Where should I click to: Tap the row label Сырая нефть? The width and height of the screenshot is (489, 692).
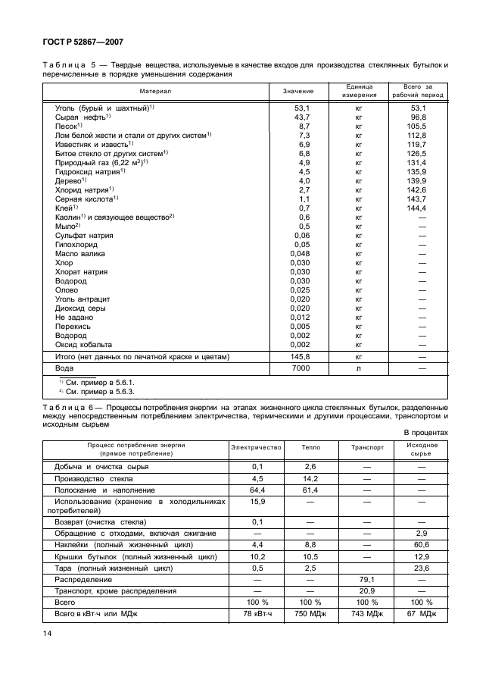83,117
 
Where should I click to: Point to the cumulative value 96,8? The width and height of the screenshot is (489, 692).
419,117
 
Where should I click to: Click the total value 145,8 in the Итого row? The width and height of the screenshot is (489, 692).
298,355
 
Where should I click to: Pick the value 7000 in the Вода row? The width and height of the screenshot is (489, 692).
298,368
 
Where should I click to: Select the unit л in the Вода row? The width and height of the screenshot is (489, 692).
359,368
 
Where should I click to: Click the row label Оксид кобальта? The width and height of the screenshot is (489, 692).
83,343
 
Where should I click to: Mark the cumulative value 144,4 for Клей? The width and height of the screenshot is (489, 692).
419,208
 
